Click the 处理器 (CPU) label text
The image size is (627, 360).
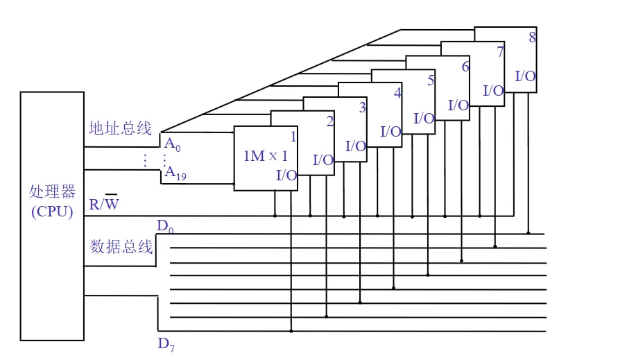[x=52, y=201]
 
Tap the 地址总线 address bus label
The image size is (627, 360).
[x=120, y=128]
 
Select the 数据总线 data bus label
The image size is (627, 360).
[x=121, y=246]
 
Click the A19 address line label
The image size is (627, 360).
[x=174, y=173]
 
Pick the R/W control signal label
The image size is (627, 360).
[x=104, y=204]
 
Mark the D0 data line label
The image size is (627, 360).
[x=165, y=226]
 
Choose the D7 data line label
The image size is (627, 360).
[x=166, y=344]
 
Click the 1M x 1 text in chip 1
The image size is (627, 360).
[x=265, y=156]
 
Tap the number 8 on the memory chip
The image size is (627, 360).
[x=532, y=37]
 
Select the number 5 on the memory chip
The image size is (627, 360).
[x=431, y=80]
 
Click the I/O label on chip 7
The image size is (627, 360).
[x=493, y=90]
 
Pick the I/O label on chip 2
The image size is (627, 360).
[x=323, y=160]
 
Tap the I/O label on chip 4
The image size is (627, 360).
[x=391, y=131]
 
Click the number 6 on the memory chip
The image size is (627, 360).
[x=465, y=67]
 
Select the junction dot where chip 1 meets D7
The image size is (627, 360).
[x=291, y=331]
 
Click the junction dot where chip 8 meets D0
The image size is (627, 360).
[x=529, y=233]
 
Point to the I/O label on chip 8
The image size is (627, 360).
[x=525, y=76]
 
